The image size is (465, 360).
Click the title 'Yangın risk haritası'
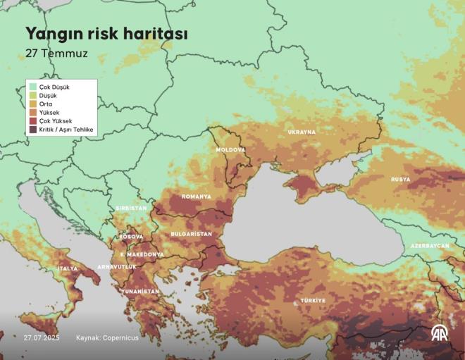point(106,34)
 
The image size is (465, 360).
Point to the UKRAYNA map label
point(302,132)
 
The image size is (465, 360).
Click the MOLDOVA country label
point(230,150)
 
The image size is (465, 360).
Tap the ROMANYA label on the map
point(196,197)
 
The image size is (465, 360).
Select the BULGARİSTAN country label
point(191,233)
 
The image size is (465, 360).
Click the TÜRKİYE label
point(313,301)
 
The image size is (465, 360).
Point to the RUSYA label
point(400,180)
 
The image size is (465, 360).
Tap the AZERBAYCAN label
point(430,246)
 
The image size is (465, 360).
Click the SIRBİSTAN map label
point(130,209)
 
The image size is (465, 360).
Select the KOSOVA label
point(132,237)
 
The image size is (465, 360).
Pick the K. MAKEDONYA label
point(142,254)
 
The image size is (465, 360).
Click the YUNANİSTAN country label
point(139,291)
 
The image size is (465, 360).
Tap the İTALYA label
point(68,268)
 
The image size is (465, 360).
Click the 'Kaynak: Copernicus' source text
point(107,338)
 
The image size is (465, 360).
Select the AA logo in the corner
point(439,333)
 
